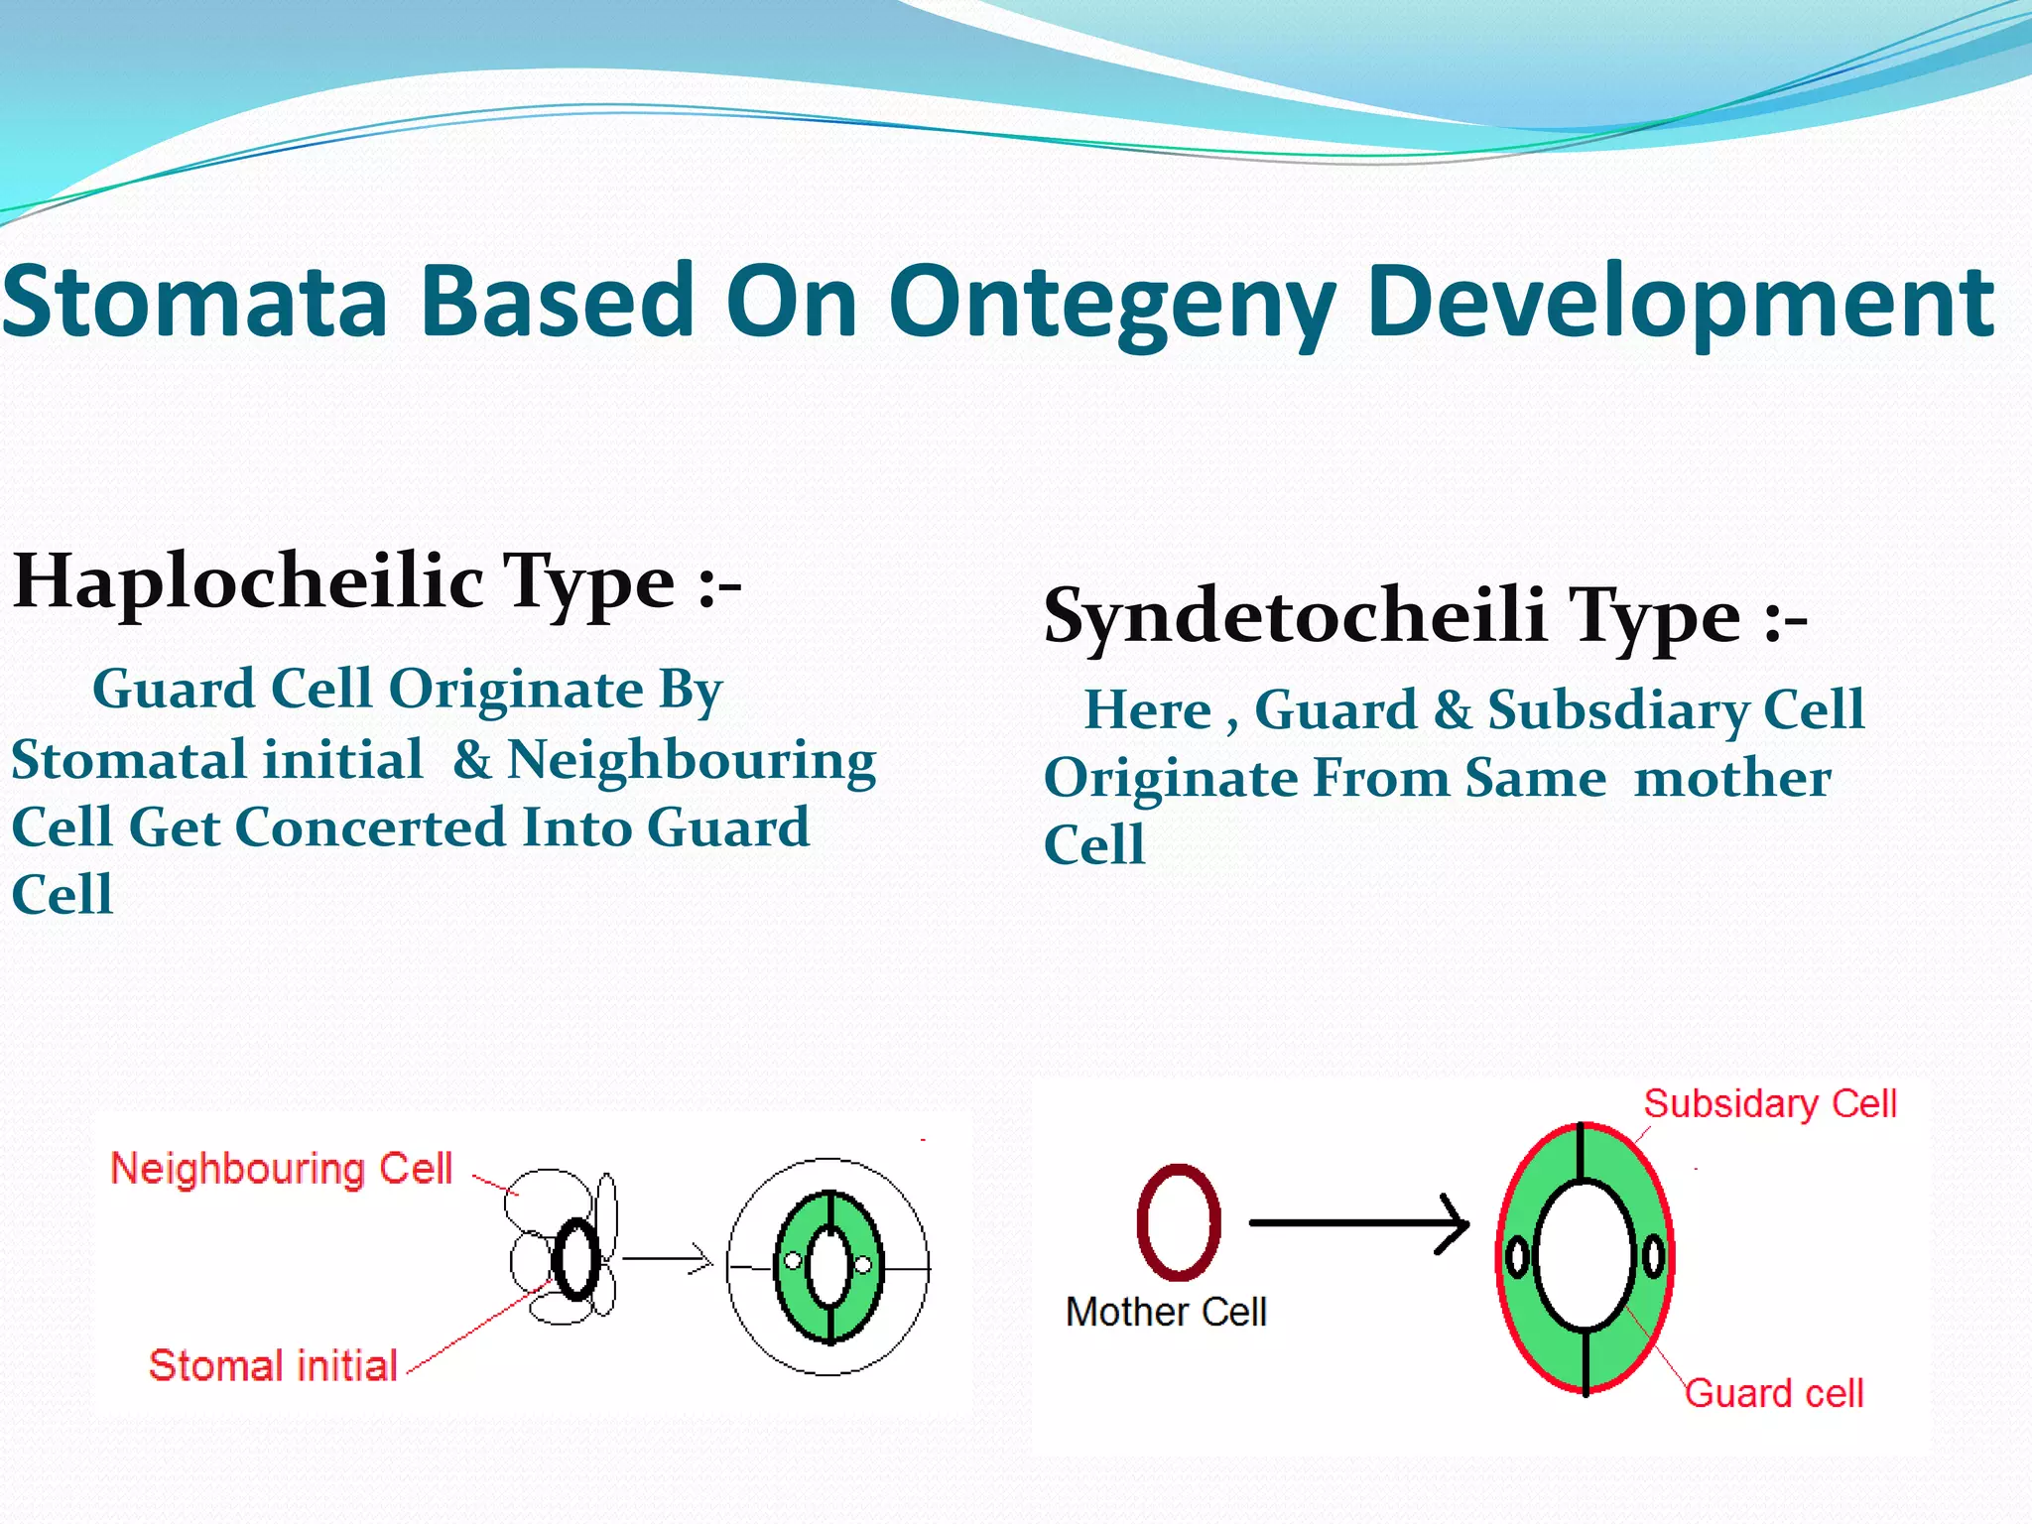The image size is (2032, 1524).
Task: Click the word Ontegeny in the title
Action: (1111, 304)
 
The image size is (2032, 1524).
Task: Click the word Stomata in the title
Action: (194, 302)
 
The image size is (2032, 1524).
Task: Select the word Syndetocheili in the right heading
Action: (1295, 615)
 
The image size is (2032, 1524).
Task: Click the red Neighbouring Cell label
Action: (281, 1169)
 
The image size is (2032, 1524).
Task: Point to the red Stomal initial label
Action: (273, 1365)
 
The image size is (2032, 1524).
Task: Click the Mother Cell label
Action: (1166, 1312)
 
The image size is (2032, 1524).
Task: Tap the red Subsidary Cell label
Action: (1770, 1103)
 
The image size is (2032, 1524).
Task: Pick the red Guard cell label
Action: (1774, 1393)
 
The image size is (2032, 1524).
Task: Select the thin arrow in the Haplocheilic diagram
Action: (667, 1260)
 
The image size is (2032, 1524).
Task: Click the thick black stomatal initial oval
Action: (576, 1260)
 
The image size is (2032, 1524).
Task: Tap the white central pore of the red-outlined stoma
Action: (1585, 1256)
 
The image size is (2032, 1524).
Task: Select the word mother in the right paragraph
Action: (1731, 778)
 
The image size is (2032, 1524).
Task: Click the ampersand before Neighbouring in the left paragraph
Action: (472, 760)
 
